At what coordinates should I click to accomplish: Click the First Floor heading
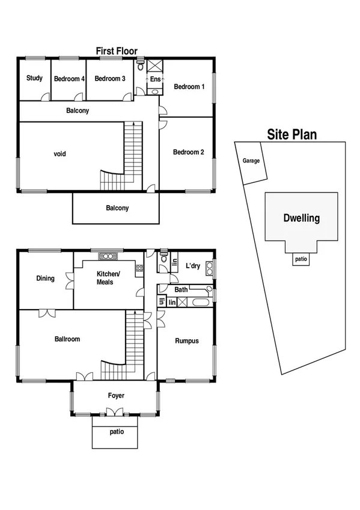tap(117, 51)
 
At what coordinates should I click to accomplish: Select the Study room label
tap(34, 78)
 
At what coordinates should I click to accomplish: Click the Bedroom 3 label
tap(110, 79)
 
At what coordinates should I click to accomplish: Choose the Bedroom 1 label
tap(189, 87)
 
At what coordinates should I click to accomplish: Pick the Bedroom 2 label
tap(189, 152)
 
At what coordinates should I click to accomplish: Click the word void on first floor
tap(59, 154)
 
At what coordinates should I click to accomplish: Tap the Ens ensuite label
tap(154, 79)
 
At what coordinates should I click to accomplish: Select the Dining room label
tap(45, 278)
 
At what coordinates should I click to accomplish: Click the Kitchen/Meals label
tap(109, 278)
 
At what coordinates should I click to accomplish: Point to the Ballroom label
tap(67, 339)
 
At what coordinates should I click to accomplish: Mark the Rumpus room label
tap(186, 341)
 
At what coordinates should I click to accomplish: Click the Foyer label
tap(116, 396)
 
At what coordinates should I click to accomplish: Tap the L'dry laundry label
tap(192, 266)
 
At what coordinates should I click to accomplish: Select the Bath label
tap(181, 290)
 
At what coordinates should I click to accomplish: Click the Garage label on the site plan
tap(251, 161)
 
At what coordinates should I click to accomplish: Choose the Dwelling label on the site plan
tap(301, 218)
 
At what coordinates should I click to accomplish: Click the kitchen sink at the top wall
tap(109, 256)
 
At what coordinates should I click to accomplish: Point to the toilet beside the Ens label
tap(141, 67)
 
